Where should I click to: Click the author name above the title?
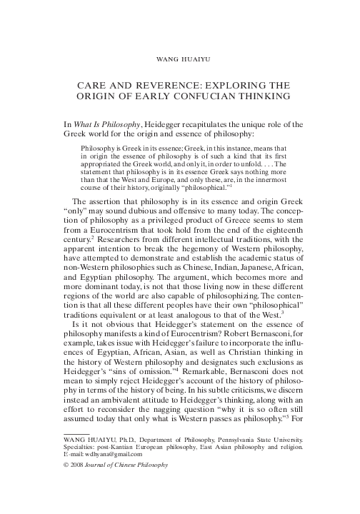[180, 53]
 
